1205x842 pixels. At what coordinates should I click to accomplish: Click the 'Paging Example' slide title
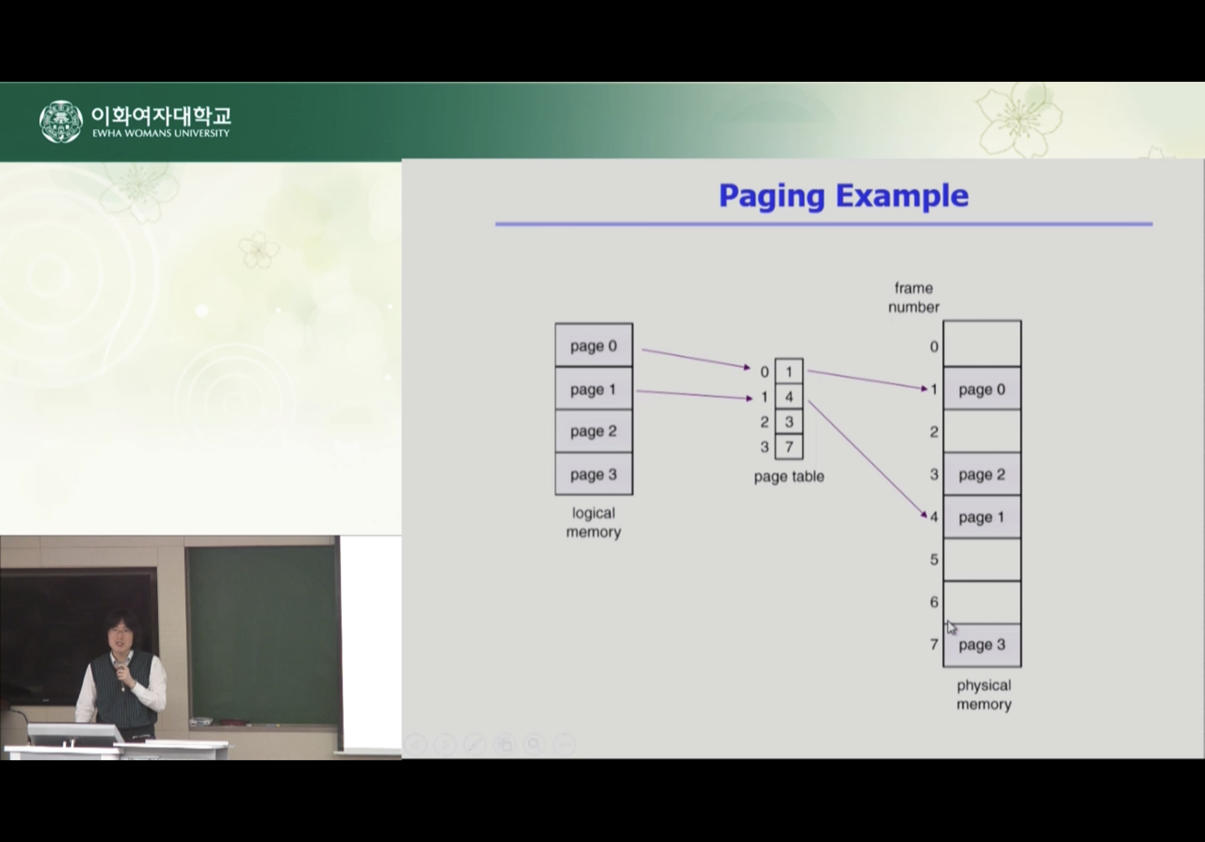coord(843,196)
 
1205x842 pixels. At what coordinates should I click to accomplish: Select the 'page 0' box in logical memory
coord(593,346)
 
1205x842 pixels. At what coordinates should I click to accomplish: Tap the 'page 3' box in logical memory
coord(593,474)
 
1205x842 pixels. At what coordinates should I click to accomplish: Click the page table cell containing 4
coord(789,397)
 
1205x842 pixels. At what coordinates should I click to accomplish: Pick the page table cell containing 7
coord(789,447)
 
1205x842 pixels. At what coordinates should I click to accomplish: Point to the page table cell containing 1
coord(789,372)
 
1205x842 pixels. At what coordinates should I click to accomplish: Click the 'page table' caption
coord(789,477)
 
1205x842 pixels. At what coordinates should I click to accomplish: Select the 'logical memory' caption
coord(593,522)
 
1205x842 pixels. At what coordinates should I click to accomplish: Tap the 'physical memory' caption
coord(983,695)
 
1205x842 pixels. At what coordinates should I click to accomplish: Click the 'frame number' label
coord(913,298)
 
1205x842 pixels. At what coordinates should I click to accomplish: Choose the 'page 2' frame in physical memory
coord(982,475)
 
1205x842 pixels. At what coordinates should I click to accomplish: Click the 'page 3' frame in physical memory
coord(982,645)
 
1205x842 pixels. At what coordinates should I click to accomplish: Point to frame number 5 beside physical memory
coord(934,560)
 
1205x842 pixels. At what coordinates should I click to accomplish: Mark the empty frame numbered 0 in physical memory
coord(982,344)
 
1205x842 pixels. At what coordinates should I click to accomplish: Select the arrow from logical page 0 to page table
coord(695,358)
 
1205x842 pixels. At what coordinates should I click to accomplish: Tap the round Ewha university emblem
coord(61,122)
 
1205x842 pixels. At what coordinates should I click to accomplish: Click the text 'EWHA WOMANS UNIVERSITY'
coord(160,133)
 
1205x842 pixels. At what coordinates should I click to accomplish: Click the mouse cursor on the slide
coord(952,627)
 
